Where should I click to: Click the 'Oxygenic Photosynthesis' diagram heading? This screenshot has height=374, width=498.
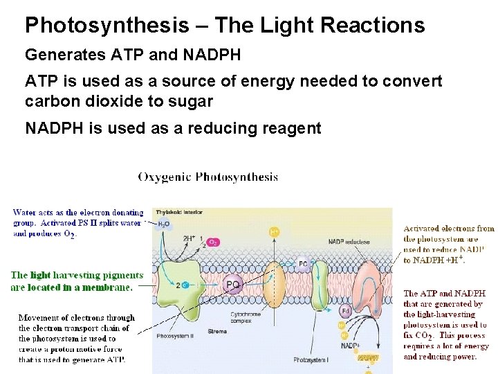tap(208, 177)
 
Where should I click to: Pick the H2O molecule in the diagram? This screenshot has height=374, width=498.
tap(164, 224)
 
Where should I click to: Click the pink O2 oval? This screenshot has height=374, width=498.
tap(214, 243)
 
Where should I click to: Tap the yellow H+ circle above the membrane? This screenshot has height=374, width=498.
tap(275, 232)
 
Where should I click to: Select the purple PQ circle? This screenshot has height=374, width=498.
tap(234, 284)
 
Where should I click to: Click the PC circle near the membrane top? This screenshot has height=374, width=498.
tap(303, 263)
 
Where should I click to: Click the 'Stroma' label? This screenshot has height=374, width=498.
tap(216, 332)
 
